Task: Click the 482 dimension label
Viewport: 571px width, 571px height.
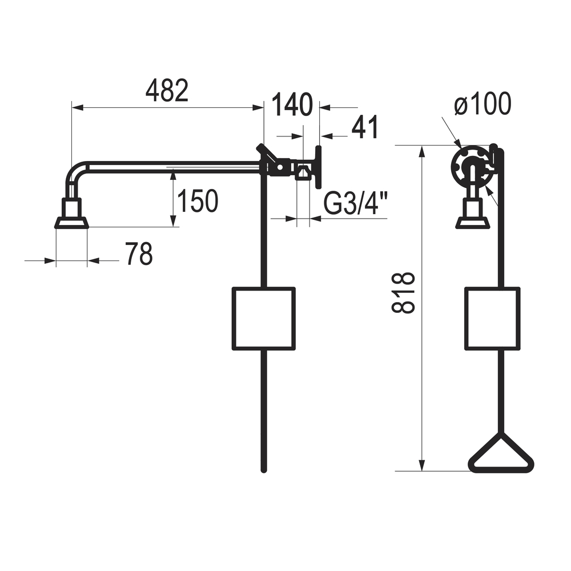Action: [x=167, y=91]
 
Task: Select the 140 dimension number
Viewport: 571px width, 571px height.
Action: [x=292, y=104]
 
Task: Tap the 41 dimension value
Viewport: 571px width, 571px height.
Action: [x=365, y=127]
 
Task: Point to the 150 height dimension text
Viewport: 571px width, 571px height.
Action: [x=198, y=200]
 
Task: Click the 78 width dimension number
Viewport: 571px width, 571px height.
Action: [x=139, y=254]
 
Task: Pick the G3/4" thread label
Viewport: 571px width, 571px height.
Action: [x=356, y=204]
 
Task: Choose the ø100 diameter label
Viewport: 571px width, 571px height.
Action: [x=483, y=104]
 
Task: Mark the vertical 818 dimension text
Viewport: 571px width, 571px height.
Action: [x=403, y=293]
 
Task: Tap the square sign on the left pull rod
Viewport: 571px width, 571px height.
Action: [x=264, y=319]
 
